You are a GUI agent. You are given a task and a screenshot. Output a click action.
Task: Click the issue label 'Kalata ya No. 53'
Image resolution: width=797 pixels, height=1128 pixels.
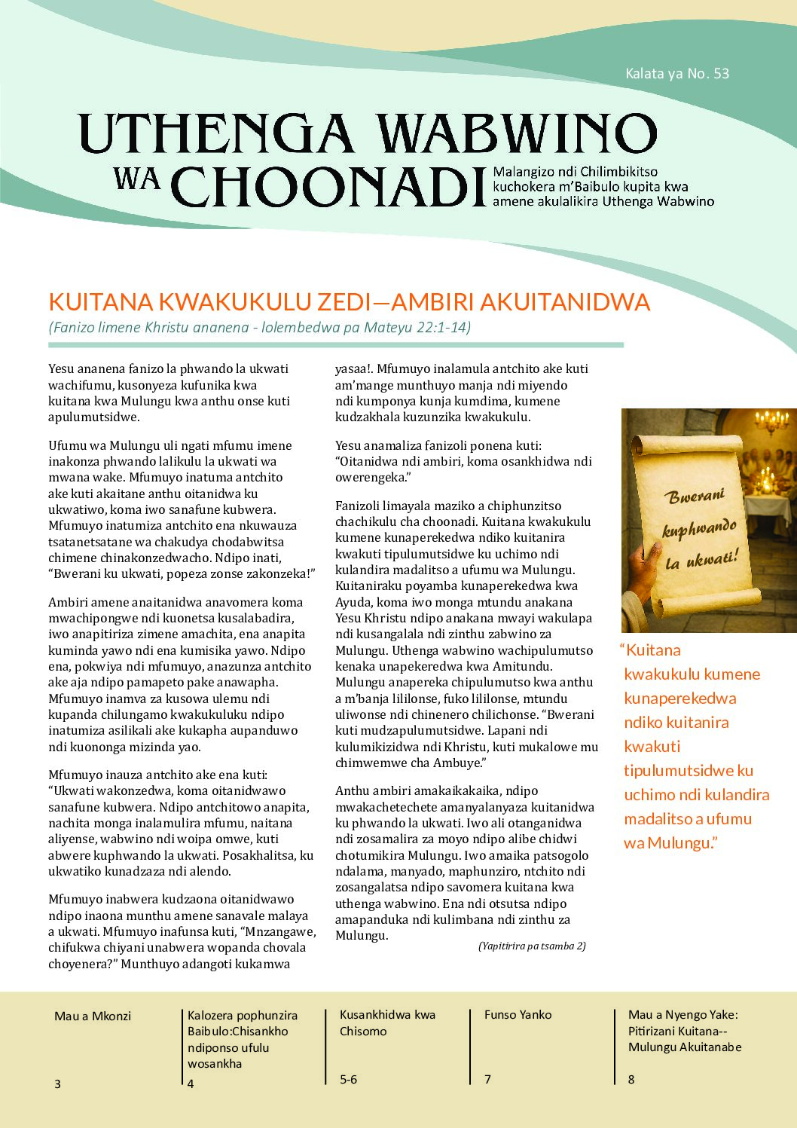click(676, 73)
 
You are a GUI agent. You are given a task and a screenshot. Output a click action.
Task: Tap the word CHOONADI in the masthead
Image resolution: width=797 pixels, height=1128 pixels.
click(329, 185)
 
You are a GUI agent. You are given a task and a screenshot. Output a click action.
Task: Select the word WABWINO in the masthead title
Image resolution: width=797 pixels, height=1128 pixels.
click(516, 133)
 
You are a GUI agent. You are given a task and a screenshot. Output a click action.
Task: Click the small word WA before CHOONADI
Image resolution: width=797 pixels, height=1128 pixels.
click(136, 178)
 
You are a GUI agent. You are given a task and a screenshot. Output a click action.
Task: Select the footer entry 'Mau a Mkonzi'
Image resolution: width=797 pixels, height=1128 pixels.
click(93, 1016)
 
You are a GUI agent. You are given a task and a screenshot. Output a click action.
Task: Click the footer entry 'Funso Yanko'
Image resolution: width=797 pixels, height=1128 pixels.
click(518, 1014)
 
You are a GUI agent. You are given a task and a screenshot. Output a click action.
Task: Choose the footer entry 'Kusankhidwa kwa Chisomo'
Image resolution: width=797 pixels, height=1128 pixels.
click(387, 1023)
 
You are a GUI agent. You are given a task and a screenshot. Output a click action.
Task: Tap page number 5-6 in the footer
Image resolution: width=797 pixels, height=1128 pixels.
click(348, 1079)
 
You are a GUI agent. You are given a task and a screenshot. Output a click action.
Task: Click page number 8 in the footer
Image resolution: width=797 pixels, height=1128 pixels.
click(631, 1079)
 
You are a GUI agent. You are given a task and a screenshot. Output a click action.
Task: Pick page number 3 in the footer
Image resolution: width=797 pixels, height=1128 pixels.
click(57, 1084)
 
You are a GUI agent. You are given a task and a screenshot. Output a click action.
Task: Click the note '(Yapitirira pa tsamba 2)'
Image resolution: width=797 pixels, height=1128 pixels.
click(532, 946)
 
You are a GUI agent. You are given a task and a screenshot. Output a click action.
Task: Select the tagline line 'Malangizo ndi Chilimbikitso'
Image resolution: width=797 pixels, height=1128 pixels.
click(575, 172)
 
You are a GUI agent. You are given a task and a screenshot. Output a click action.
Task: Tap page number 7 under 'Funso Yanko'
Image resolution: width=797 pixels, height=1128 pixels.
click(487, 1079)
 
